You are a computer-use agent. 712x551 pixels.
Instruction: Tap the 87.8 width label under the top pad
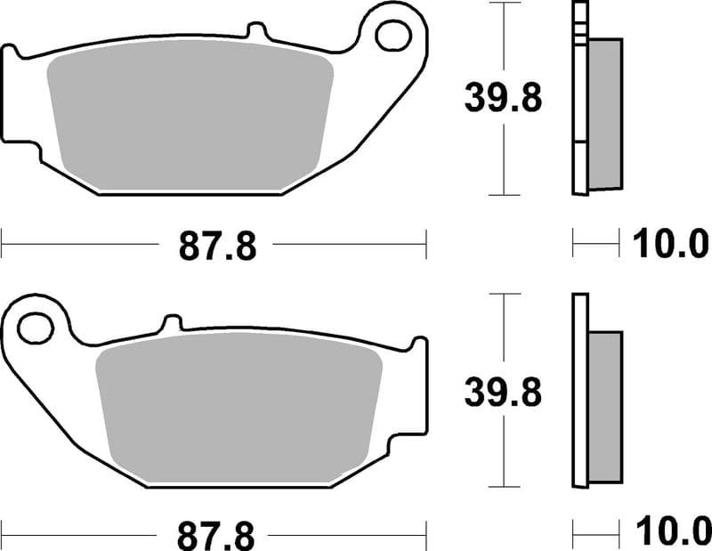click(217, 245)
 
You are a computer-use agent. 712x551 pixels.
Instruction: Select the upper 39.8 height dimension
click(503, 99)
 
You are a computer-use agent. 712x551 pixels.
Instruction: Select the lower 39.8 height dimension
click(503, 391)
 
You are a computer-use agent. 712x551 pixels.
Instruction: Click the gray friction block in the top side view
click(605, 114)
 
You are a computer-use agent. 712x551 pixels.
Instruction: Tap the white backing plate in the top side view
click(579, 98)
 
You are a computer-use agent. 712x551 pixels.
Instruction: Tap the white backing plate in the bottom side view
click(579, 392)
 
